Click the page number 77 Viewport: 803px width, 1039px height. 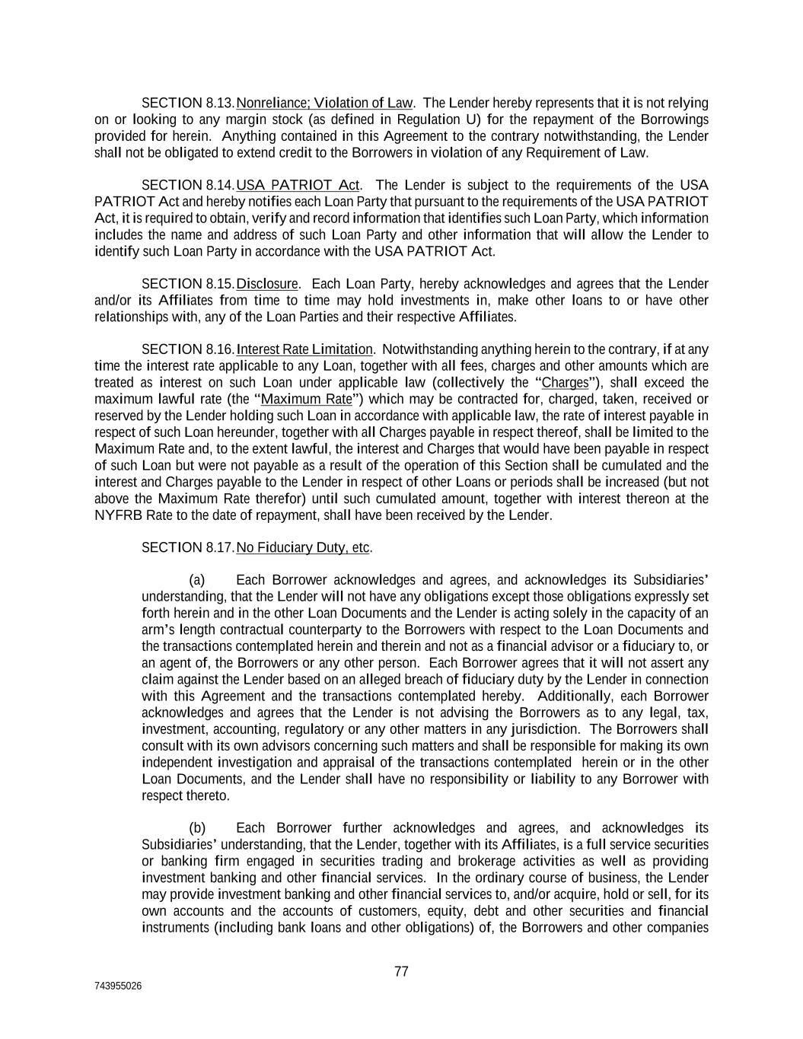[x=402, y=971]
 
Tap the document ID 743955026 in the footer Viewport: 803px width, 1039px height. [x=118, y=986]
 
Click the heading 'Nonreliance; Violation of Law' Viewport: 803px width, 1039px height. [x=324, y=103]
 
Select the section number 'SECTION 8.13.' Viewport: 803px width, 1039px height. [x=188, y=103]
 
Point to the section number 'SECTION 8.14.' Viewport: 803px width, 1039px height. [x=188, y=185]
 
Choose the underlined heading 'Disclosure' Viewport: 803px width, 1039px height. [x=266, y=284]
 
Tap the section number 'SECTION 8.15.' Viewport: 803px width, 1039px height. [x=188, y=284]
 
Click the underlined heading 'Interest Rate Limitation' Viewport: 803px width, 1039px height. [x=304, y=349]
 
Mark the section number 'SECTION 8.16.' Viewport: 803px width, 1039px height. [x=188, y=349]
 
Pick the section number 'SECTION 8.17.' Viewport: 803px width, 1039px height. [x=188, y=547]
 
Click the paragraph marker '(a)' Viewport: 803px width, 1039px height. [x=197, y=580]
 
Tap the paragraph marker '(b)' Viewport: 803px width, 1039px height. [x=197, y=828]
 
